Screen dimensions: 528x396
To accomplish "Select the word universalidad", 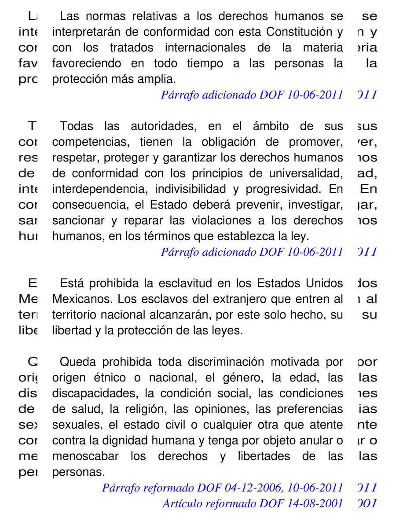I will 302,174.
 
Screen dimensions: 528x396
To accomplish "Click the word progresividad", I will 282,190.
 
